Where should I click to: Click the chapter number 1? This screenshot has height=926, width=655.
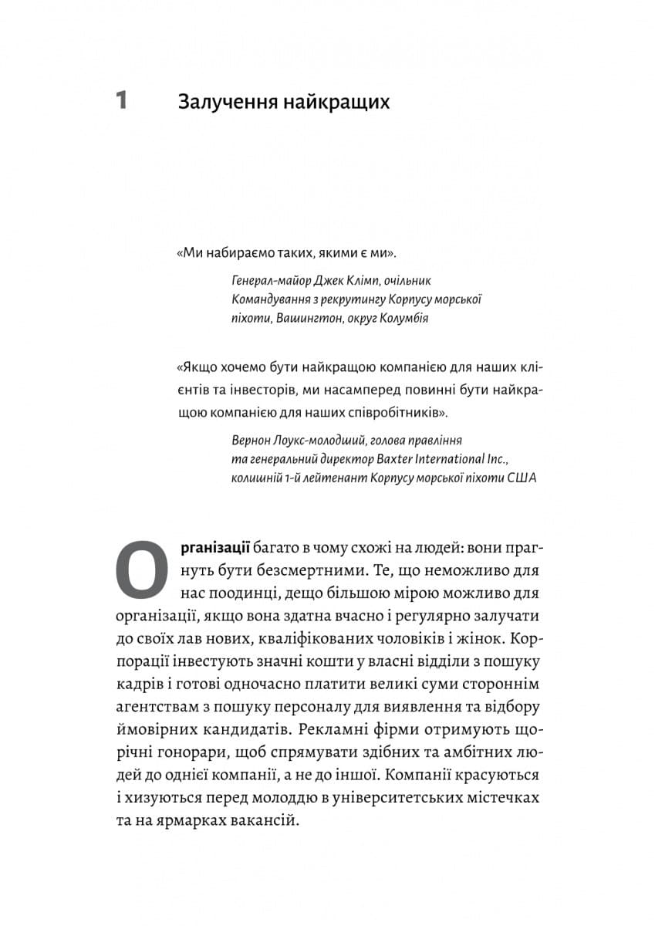(121, 101)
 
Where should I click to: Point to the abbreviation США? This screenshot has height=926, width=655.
(521, 478)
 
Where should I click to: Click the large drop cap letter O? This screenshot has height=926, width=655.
(141, 569)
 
